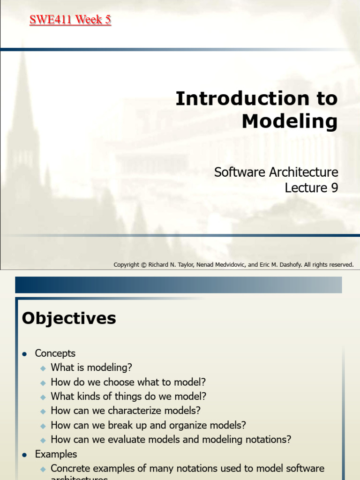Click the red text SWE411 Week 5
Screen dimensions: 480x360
(70, 20)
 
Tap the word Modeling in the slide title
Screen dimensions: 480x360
(289, 121)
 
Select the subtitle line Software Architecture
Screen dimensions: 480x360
(276, 172)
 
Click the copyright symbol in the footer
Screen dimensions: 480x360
(143, 265)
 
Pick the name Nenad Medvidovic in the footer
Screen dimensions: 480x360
(220, 265)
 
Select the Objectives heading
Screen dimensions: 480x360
(69, 319)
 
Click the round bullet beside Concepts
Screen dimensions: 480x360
(25, 354)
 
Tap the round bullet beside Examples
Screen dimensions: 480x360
(25, 455)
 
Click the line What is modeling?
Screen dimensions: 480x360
(91, 367)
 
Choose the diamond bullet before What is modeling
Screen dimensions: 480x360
(43, 368)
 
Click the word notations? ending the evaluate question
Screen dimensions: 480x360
(268, 440)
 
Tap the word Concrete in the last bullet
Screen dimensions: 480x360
(70, 468)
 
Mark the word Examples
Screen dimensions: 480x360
(56, 454)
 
